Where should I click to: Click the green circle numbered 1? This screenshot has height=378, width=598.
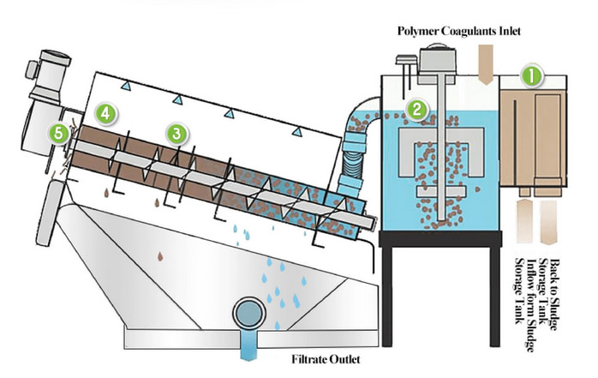point(533,76)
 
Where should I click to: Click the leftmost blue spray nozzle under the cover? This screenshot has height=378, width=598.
point(125,86)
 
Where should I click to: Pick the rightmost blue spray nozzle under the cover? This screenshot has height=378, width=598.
point(296,130)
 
